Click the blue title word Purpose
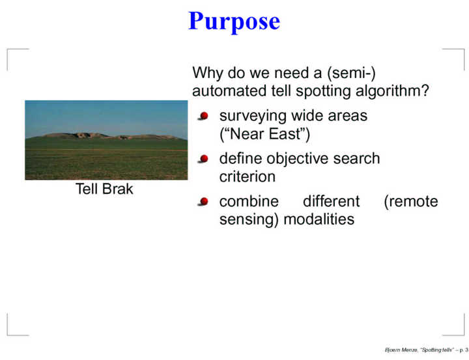point(234,21)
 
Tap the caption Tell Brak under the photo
point(104,189)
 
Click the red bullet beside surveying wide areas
point(203,116)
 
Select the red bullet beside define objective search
point(203,159)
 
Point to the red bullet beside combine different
point(203,202)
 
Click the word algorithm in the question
point(392,91)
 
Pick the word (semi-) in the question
point(352,73)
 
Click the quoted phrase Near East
point(264,134)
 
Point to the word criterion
point(248,176)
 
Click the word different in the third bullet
point(332,201)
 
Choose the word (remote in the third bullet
point(411,202)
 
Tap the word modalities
point(319,219)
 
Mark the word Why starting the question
point(208,73)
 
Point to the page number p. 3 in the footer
point(464,350)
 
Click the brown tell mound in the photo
point(111,136)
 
